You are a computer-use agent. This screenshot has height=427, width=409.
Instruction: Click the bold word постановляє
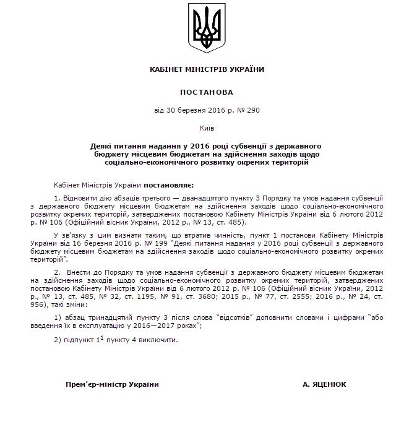tap(169, 184)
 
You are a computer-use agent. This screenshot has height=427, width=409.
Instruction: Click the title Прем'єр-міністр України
tap(112, 384)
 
